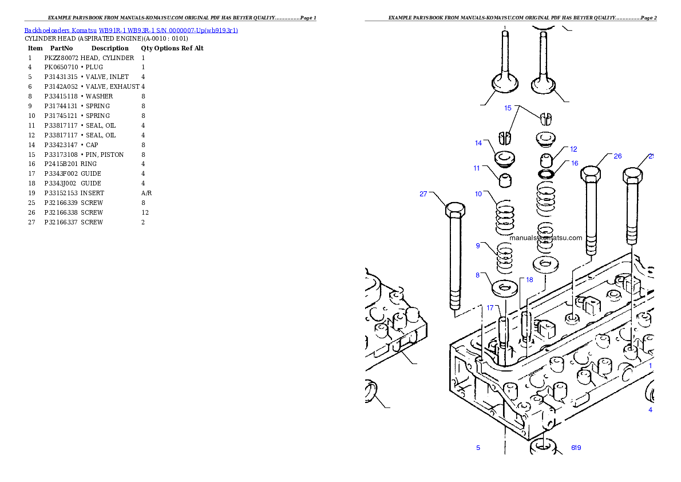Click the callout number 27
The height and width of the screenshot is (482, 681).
(x=423, y=194)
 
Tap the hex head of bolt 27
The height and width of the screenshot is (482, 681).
(x=455, y=210)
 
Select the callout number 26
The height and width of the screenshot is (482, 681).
(x=617, y=156)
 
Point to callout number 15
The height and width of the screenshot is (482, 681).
(x=508, y=108)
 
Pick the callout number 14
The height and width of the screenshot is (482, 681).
(x=478, y=143)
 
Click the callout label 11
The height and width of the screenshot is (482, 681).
(x=477, y=168)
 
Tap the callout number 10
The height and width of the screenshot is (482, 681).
(x=478, y=194)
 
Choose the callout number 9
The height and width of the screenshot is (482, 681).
(x=478, y=246)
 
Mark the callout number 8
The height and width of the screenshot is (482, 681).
(x=477, y=275)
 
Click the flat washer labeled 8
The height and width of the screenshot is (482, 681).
(x=504, y=287)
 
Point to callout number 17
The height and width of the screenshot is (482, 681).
(x=490, y=308)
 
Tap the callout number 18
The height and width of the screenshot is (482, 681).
(x=529, y=280)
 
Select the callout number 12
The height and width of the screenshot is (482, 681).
(x=573, y=149)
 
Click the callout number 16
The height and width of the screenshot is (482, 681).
(x=575, y=164)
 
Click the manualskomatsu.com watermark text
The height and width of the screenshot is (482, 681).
(x=545, y=238)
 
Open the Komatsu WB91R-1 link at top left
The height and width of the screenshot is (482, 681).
(x=131, y=30)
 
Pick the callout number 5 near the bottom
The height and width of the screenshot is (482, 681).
(x=478, y=448)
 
